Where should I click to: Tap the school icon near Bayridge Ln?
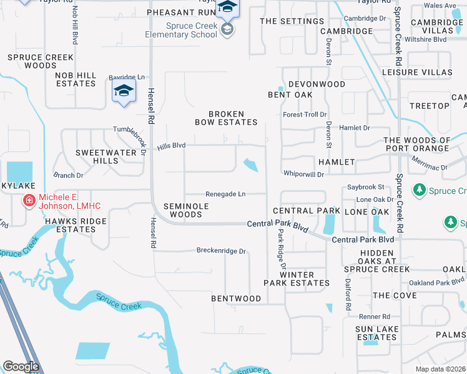pyautogui.click(x=124, y=92)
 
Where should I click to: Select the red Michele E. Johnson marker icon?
pyautogui.click(x=29, y=200)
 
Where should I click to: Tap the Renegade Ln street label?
pyautogui.click(x=225, y=194)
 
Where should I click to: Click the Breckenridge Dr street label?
pyautogui.click(x=222, y=251)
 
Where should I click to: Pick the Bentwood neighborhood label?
pyautogui.click(x=236, y=299)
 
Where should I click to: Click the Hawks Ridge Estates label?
pyautogui.click(x=75, y=225)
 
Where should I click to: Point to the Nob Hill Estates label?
pyautogui.click(x=76, y=79)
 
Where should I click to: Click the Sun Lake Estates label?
pyautogui.click(x=376, y=333)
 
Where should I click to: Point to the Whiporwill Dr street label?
pyautogui.click(x=303, y=174)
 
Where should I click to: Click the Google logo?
pyautogui.click(x=21, y=367)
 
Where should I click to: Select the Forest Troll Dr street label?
pyautogui.click(x=305, y=115)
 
